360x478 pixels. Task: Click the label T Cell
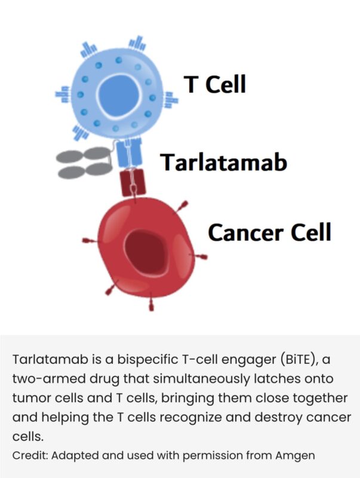point(215,84)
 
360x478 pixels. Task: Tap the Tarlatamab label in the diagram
point(223,161)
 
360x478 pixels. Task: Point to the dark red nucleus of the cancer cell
point(147,246)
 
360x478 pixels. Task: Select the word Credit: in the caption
point(30,455)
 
